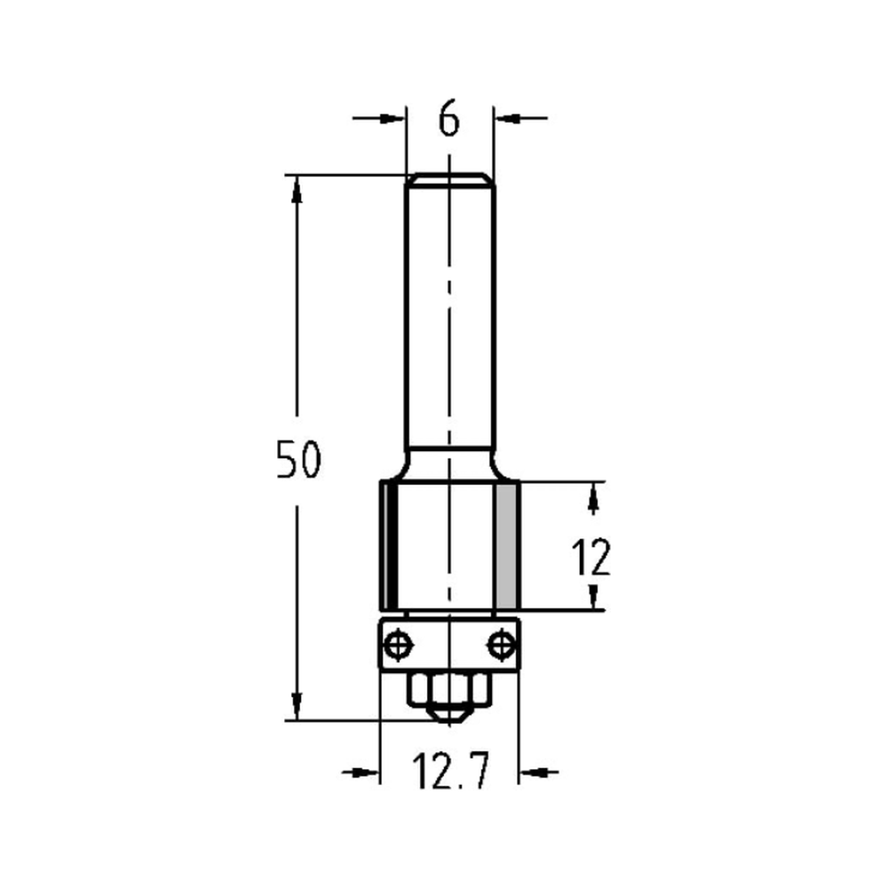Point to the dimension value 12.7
coord(449,772)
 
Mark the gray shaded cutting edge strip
coord(506,542)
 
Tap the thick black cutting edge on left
coord(387,542)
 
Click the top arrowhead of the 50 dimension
coord(297,186)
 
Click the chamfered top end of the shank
coord(449,179)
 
